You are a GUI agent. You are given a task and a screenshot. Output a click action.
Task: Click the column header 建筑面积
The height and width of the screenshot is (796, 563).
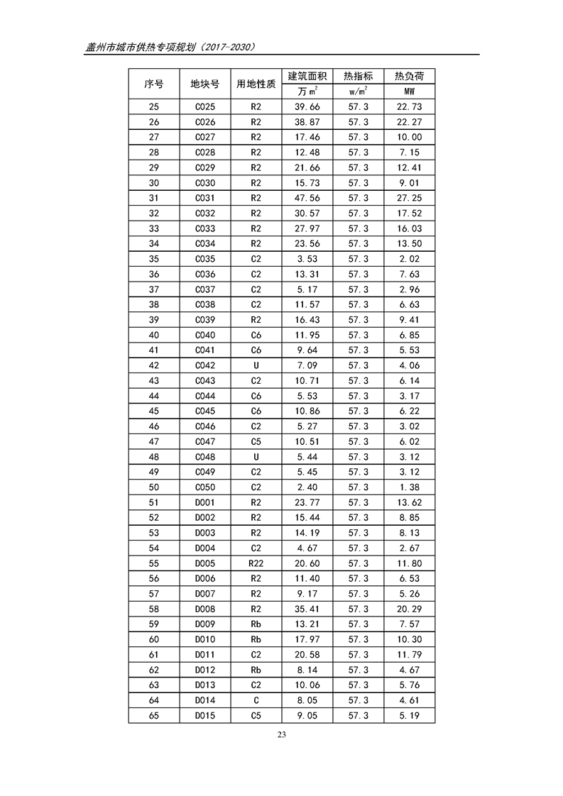307,76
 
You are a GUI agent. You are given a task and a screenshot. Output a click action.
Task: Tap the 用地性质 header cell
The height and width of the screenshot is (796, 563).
256,84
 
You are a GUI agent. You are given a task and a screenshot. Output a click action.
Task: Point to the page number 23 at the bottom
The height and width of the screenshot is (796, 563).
281,734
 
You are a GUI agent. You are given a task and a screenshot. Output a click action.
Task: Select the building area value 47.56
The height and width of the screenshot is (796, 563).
307,199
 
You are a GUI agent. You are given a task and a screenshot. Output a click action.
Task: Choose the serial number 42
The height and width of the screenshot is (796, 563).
153,366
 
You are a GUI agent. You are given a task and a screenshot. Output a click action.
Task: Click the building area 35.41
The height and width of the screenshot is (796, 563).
307,609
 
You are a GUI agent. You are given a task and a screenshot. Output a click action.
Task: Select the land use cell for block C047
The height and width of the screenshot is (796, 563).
256,442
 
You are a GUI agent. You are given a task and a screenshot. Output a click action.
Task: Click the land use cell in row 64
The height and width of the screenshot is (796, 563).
256,701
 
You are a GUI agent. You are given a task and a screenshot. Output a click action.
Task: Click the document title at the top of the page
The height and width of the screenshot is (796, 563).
170,47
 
